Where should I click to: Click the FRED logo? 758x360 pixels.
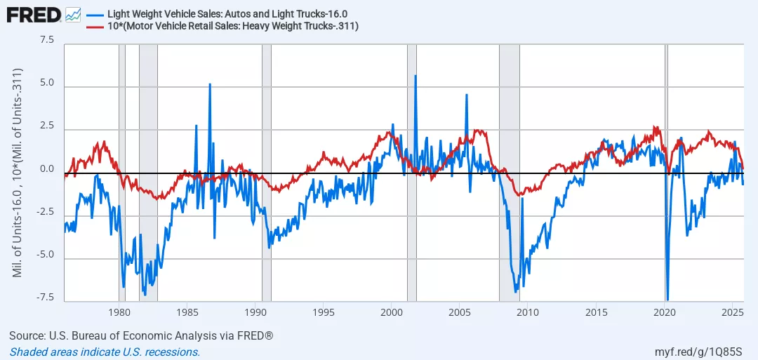point(34,13)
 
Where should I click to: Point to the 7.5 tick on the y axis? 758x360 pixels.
point(46,40)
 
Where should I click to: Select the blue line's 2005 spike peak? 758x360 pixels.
point(466,95)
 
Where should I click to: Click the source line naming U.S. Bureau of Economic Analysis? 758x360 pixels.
point(141,336)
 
